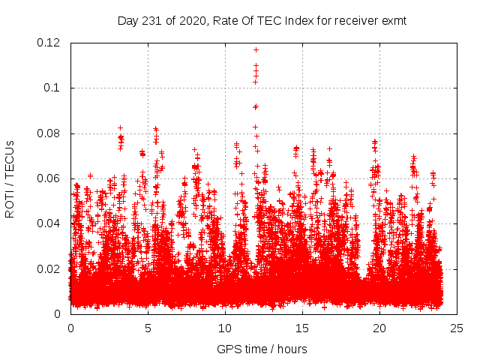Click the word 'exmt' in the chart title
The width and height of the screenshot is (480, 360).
pyautogui.click(x=394, y=21)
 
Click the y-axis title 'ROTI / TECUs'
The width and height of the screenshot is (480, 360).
pyautogui.click(x=10, y=178)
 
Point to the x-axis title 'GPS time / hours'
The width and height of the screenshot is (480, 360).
pyautogui.click(x=262, y=349)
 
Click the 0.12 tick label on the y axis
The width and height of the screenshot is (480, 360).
pyautogui.click(x=51, y=43)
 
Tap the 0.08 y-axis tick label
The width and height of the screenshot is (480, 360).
pyautogui.click(x=51, y=133)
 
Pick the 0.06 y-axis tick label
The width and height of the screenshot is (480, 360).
pyautogui.click(x=51, y=178)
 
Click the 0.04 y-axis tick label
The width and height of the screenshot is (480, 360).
pyautogui.click(x=51, y=223)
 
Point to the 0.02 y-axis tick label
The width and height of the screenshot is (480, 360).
pyautogui.click(x=51, y=268)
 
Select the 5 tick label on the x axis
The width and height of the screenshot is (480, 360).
pyautogui.click(x=148, y=328)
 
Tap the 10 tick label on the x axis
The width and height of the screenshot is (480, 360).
pyautogui.click(x=225, y=328)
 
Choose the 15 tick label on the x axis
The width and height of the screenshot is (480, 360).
pyautogui.click(x=302, y=328)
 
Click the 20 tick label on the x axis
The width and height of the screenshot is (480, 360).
pyautogui.click(x=379, y=328)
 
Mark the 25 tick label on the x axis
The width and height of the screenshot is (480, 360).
pyautogui.click(x=457, y=328)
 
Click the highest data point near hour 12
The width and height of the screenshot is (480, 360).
pyautogui.click(x=256, y=49)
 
